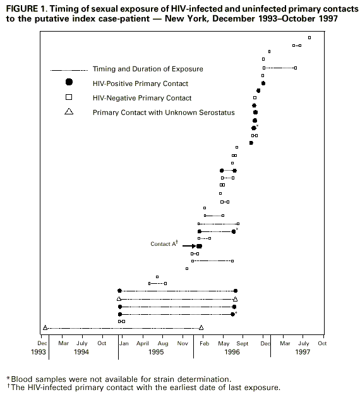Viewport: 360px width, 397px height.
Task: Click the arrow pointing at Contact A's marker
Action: pos(188,246)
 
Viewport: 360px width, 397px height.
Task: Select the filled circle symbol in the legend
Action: pos(69,83)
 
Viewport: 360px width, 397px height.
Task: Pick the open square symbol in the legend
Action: pos(69,98)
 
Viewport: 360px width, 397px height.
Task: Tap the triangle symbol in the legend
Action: pos(69,113)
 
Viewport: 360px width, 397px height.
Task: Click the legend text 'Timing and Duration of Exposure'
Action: pos(148,68)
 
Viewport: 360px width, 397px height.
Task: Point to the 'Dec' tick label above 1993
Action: pos(43,343)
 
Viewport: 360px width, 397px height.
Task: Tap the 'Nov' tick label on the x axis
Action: pos(183,343)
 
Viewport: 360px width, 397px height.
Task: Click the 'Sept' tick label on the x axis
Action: pos(243,343)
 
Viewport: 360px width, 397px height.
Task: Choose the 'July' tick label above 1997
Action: pos(303,343)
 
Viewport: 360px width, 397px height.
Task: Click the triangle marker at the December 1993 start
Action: pos(45,327)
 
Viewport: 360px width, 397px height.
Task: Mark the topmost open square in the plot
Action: pos(309,37)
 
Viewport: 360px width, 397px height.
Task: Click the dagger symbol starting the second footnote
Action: pos(7,386)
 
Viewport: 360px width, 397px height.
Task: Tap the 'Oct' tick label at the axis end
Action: pos(322,343)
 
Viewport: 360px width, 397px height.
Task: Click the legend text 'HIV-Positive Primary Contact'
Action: pos(140,83)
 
